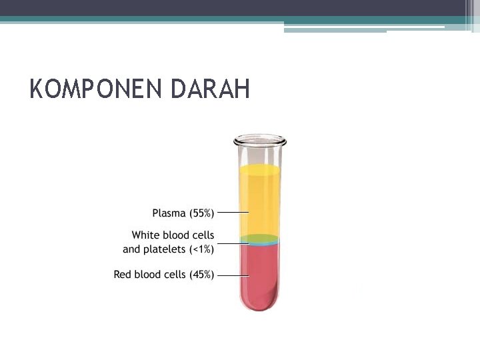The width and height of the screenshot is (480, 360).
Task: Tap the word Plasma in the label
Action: (169, 213)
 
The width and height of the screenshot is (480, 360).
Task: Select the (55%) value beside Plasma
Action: (201, 213)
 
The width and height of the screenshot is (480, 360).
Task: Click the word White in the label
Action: (145, 235)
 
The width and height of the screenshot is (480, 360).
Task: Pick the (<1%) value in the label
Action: (201, 249)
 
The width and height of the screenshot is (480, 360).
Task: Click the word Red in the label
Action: (123, 275)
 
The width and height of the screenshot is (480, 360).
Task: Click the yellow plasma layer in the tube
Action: (260, 200)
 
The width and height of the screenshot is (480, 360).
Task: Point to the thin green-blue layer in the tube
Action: (260, 240)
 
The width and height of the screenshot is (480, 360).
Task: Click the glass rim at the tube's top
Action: (260, 141)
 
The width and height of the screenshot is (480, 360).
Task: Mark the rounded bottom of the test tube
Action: (260, 307)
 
